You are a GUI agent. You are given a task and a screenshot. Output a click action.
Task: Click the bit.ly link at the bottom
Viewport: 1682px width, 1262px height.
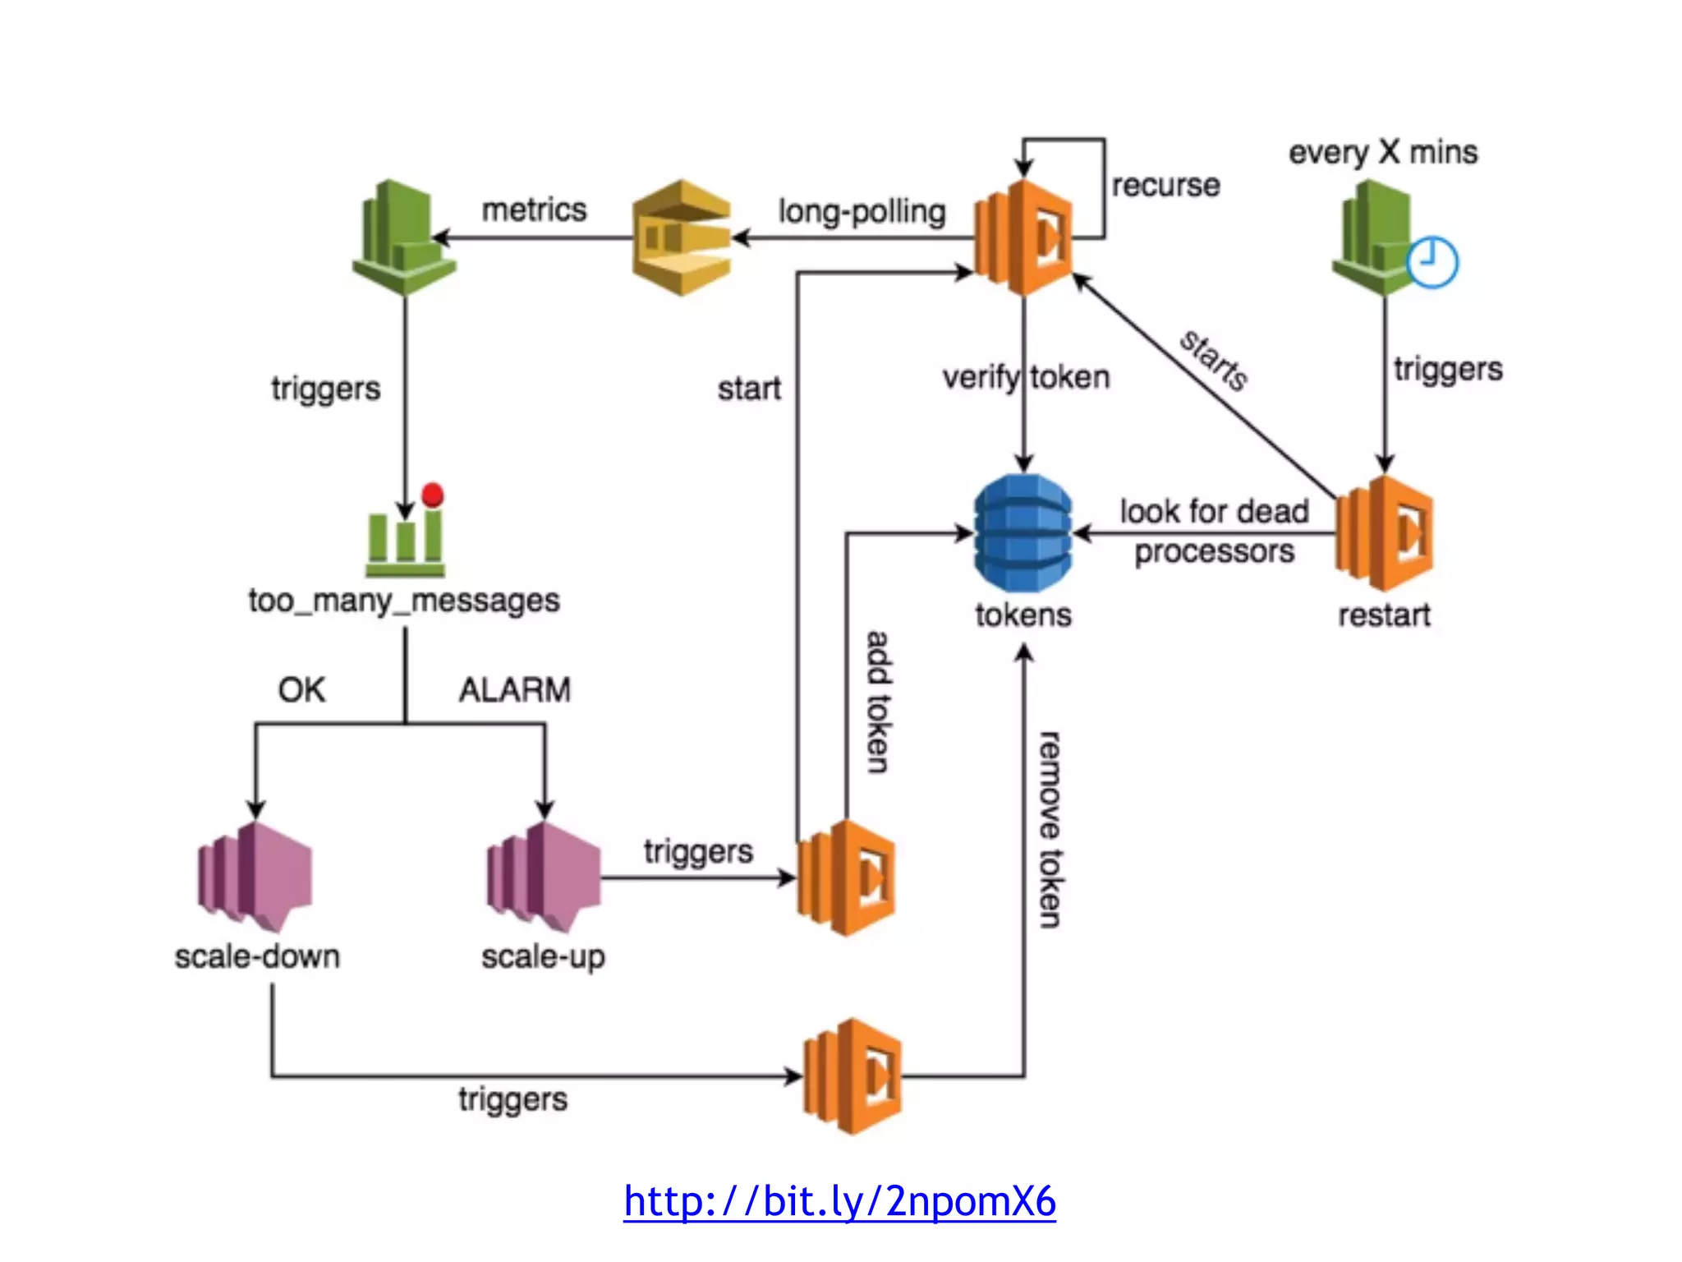point(839,1201)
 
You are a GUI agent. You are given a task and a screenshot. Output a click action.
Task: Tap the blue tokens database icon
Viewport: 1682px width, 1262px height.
point(1023,532)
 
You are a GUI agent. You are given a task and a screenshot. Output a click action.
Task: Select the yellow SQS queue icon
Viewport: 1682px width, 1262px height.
point(682,237)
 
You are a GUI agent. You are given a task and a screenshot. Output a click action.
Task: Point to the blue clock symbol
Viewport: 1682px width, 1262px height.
point(1432,262)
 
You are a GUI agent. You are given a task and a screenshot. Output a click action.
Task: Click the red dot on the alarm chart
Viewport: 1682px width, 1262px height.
point(433,495)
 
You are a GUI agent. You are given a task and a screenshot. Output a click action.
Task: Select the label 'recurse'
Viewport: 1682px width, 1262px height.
point(1165,186)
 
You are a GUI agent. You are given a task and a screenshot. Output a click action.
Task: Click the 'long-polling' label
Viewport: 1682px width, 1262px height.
point(862,211)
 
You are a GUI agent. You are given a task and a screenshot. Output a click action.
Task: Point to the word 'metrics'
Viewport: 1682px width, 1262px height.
point(534,210)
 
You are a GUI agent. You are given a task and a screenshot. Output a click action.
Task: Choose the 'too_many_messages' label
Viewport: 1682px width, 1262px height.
point(404,601)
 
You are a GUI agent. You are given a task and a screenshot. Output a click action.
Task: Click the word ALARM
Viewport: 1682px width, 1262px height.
point(515,690)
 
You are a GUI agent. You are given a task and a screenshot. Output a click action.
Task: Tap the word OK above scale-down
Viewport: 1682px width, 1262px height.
point(301,690)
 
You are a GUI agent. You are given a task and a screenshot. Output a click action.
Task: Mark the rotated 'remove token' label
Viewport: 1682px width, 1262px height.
point(1049,830)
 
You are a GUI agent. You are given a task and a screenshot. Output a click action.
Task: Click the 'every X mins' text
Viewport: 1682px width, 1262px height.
point(1383,153)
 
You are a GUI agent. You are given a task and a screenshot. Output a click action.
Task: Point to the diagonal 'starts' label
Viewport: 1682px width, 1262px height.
point(1214,360)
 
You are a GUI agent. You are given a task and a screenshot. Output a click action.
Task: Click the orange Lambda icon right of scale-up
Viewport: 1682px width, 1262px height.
point(846,877)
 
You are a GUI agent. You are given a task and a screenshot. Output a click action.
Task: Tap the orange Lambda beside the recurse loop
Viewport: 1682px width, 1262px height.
point(1023,237)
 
